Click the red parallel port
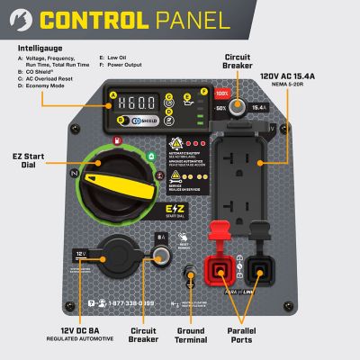(219, 268)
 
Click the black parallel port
(263, 268)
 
